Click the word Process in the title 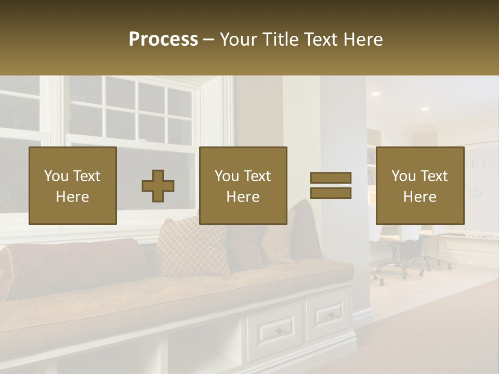[x=163, y=39]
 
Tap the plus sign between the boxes [x=158, y=185]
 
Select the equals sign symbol [x=331, y=185]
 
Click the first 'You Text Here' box [x=72, y=185]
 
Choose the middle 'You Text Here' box [x=243, y=185]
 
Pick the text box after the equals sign [x=419, y=185]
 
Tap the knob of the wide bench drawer [x=279, y=331]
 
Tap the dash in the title [x=209, y=39]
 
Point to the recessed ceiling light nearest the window [x=375, y=94]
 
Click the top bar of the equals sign [x=331, y=178]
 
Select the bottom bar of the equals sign [x=331, y=193]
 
